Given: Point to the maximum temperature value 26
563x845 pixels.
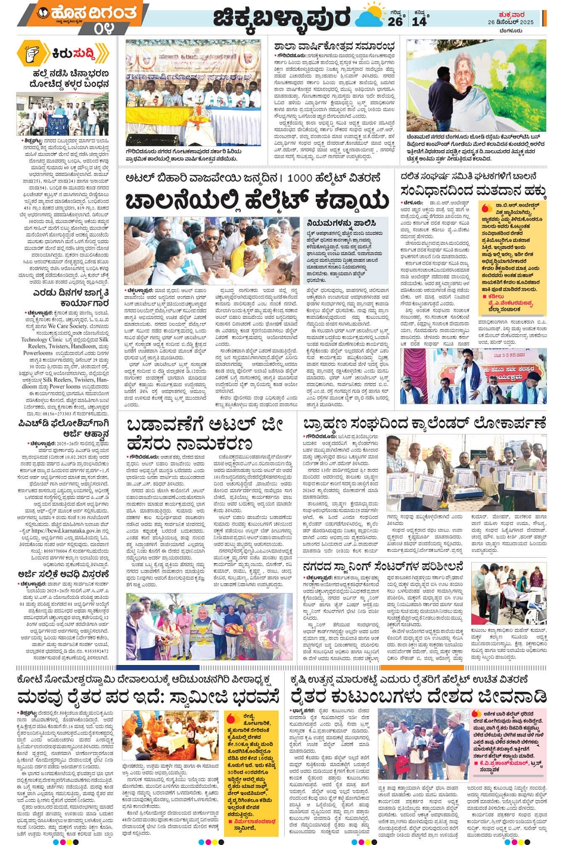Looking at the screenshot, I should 395,21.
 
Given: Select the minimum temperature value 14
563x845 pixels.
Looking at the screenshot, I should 419,21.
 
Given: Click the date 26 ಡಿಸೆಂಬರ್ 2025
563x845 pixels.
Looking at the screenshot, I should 511,22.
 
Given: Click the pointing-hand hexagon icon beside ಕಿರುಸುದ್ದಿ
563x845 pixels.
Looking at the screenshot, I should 32,54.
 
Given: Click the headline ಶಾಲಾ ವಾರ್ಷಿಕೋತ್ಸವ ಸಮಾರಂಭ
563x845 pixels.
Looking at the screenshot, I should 334,46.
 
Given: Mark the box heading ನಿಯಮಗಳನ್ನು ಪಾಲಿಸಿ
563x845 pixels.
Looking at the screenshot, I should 337,222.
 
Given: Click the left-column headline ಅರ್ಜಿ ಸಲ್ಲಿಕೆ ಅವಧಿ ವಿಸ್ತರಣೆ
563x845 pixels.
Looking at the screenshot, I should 62,574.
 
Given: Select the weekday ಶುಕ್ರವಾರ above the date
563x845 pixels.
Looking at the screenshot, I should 511,14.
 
